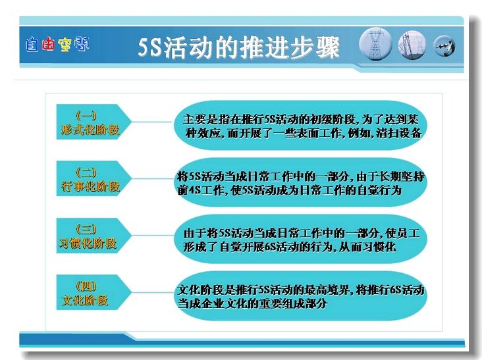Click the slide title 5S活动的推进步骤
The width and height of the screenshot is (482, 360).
(x=238, y=47)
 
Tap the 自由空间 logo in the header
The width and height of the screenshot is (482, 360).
(x=57, y=44)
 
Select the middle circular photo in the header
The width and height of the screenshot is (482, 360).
(x=412, y=45)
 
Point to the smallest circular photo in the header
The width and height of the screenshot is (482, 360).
(x=444, y=46)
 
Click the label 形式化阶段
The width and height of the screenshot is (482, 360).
(x=90, y=130)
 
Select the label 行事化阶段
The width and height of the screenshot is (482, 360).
(x=90, y=186)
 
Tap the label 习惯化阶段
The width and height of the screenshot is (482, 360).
(x=88, y=244)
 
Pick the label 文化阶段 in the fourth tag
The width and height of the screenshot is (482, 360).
(x=85, y=300)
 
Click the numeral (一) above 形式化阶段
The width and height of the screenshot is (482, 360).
(x=86, y=115)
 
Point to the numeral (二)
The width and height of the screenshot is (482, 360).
(x=86, y=172)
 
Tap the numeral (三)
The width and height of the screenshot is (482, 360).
(x=86, y=229)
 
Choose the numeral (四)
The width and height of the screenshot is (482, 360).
(x=86, y=286)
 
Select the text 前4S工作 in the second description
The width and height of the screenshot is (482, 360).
(x=200, y=190)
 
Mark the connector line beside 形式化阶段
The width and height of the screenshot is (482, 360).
(x=151, y=122)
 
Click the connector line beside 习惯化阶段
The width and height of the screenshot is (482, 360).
(x=153, y=236)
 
